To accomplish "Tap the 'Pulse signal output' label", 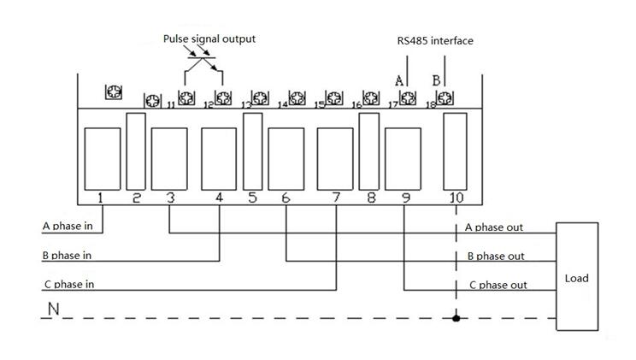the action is point(209,39).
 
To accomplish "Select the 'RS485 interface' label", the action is point(435,40).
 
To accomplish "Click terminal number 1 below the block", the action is point(100,198).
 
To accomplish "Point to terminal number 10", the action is point(456,198).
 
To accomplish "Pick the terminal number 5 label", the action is point(252,198).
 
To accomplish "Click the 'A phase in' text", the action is point(68,226).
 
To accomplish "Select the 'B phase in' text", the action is point(67,256).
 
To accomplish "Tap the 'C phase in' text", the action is point(69,284).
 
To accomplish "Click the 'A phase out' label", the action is point(493,227).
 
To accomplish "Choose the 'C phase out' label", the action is point(498,285).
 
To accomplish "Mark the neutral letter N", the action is point(53,309).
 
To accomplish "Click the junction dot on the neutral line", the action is point(456,318).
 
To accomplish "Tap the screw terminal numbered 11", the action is point(186,97).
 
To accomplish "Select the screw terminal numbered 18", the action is point(445,97).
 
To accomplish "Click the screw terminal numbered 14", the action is point(297,97).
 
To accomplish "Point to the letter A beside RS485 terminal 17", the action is point(399,80).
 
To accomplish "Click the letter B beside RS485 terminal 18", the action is point(436,80).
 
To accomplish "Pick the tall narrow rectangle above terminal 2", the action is point(136,151).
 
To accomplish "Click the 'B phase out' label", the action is point(496,256).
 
